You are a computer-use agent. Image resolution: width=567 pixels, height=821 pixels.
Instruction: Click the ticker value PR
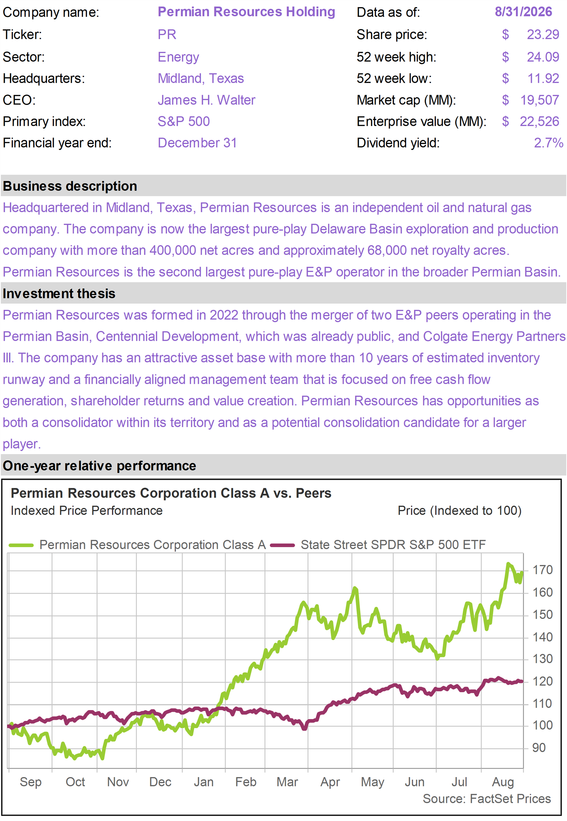[167, 34]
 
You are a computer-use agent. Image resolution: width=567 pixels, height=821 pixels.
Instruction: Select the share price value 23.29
[543, 34]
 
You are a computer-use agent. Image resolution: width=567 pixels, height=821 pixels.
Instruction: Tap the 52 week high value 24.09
[543, 57]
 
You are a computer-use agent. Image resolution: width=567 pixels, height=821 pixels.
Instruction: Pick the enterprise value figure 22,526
[539, 121]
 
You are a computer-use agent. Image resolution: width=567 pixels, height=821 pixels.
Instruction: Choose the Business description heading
[70, 186]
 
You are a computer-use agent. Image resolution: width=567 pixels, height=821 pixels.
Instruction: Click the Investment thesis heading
[59, 294]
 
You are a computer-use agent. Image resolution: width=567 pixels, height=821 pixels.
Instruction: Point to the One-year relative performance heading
[99, 466]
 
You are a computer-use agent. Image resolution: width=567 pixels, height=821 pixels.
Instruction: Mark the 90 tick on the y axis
[539, 748]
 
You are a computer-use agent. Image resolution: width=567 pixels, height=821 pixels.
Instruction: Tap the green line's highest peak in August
[508, 564]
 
